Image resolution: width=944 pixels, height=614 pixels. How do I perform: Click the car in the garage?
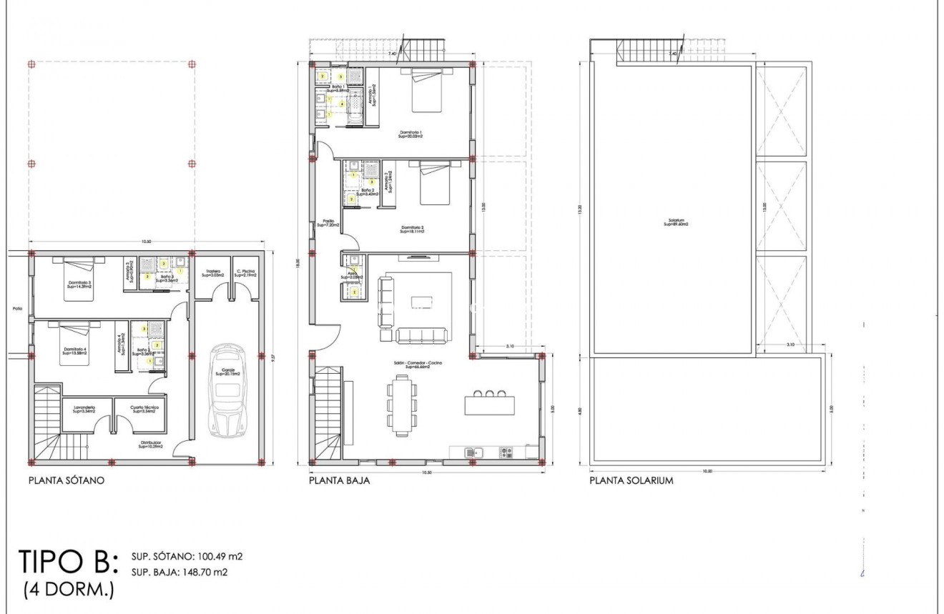click(227, 390)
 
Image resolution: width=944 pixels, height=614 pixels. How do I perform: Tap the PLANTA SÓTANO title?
click(67, 481)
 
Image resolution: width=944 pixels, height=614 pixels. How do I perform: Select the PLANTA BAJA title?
click(339, 481)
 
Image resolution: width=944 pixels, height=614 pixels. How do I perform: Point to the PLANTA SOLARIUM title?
click(631, 481)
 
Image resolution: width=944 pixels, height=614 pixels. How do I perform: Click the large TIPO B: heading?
click(69, 563)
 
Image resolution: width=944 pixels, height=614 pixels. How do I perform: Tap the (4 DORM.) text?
click(68, 591)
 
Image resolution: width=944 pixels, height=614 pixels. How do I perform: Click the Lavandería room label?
click(84, 409)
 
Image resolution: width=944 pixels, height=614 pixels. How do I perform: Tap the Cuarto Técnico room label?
click(143, 409)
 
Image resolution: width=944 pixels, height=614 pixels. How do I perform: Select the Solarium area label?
click(674, 222)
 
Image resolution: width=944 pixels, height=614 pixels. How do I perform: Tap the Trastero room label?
click(212, 272)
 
